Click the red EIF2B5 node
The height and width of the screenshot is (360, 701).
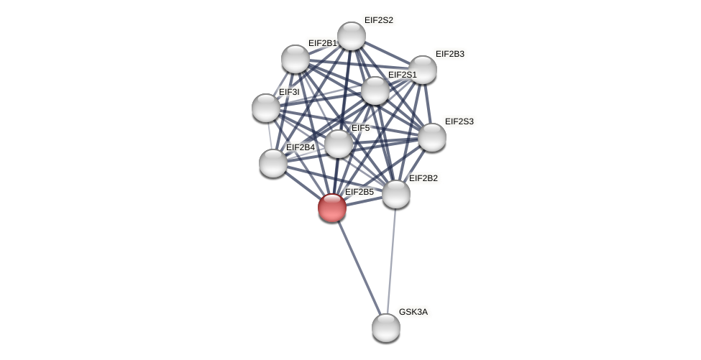332,208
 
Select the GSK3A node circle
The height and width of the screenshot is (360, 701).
386,328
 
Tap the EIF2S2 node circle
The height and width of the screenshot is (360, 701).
352,36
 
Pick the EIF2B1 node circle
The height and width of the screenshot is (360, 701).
295,59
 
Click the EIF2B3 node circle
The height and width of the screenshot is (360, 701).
423,70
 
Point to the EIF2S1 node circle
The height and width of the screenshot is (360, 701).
375,91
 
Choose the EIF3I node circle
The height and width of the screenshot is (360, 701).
266,108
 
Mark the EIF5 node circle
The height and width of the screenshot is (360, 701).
339,144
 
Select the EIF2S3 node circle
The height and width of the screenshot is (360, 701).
432,137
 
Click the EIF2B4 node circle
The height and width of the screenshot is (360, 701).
273,163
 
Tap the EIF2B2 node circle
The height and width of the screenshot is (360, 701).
396,194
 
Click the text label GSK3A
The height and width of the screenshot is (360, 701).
413,312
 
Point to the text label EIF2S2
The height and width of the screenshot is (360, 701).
378,20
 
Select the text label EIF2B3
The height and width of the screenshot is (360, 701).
449,54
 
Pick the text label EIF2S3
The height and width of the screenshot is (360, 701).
459,121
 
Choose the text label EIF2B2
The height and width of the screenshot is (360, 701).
423,178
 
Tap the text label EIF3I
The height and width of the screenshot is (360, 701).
288,92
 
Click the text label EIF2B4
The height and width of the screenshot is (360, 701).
300,147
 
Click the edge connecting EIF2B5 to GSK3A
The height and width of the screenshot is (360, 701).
359,268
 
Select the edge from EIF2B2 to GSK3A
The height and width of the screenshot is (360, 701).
391,261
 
